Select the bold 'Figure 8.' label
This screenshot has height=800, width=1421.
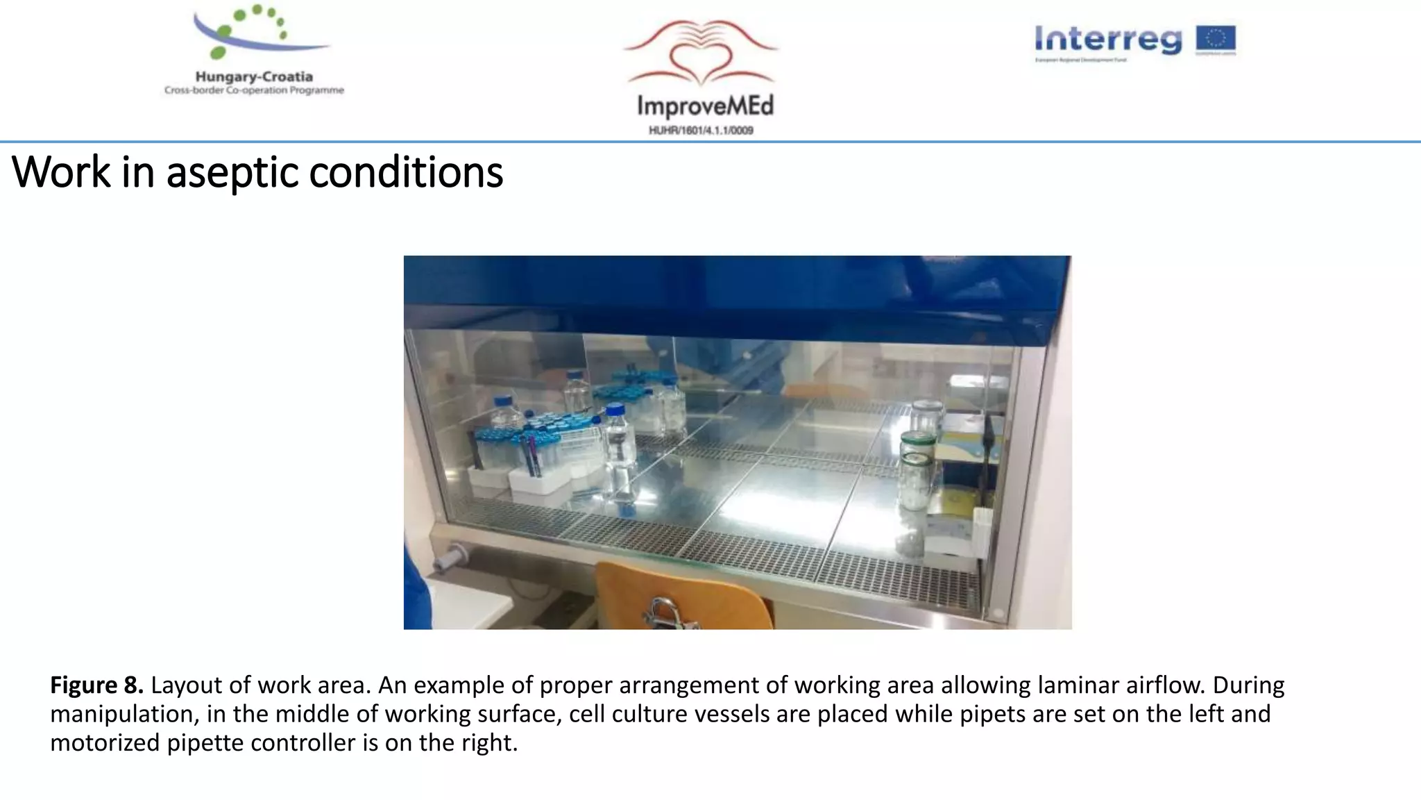click(x=96, y=685)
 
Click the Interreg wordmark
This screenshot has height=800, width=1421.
click(x=1108, y=40)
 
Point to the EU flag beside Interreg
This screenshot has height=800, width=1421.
click(x=1216, y=40)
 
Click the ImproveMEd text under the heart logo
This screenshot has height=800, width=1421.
click(x=704, y=106)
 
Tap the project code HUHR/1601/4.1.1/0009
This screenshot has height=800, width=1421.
click(x=701, y=131)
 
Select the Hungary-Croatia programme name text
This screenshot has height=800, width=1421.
click(x=254, y=77)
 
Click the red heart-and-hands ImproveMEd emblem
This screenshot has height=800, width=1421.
click(x=701, y=56)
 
